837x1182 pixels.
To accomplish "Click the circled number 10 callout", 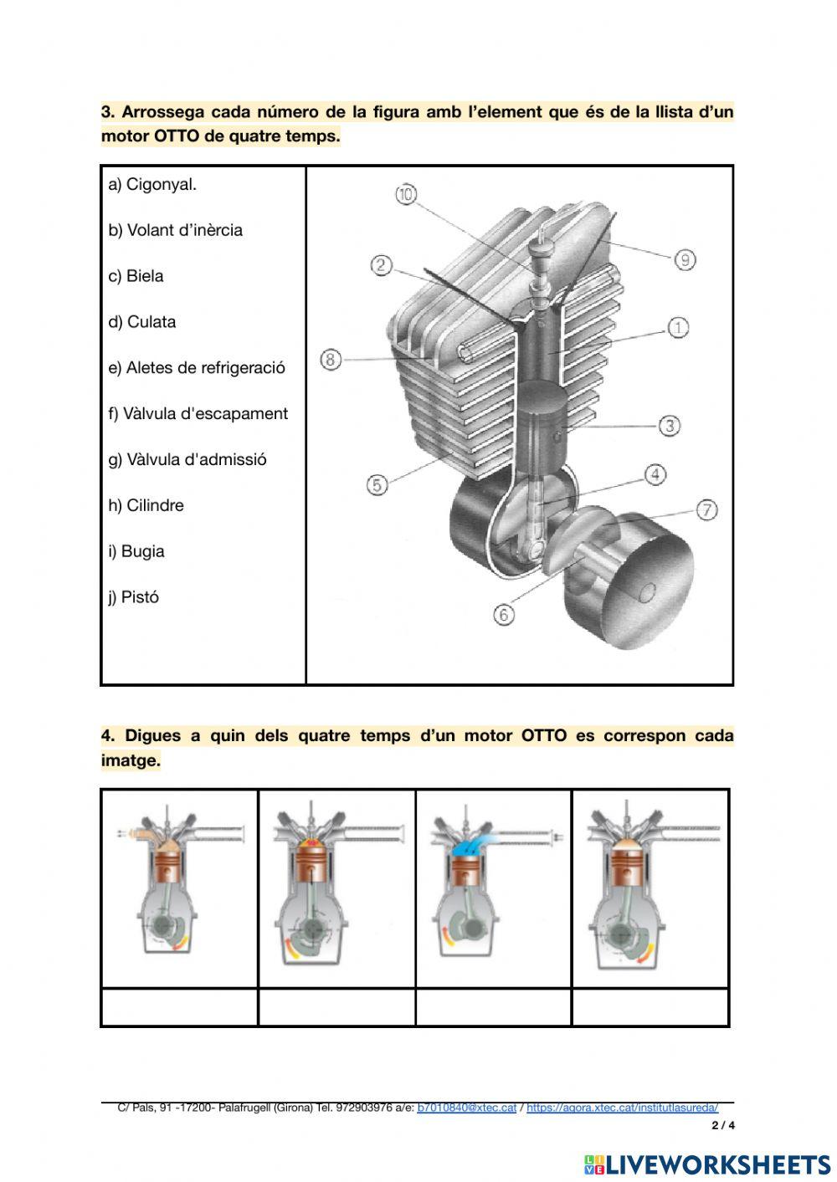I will tap(406, 194).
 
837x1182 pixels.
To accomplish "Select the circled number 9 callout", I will tap(685, 259).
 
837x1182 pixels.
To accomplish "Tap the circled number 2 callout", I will tap(382, 265).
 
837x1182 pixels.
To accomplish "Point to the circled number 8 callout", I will tap(331, 360).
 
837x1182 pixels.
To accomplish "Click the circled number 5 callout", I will tap(377, 484).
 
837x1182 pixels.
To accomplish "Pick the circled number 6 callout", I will tap(503, 615).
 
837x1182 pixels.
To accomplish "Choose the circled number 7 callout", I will tap(707, 509).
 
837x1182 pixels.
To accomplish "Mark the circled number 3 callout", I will tap(670, 426).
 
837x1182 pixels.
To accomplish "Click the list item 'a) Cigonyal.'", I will tap(152, 184).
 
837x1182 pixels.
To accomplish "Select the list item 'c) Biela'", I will tap(136, 276).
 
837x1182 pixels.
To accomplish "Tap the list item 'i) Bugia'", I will tap(136, 551).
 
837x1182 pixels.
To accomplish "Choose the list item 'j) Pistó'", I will tap(133, 597).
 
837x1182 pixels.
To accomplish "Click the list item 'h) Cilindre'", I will tap(146, 505).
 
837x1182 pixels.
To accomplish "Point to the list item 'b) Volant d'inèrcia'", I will tap(175, 230).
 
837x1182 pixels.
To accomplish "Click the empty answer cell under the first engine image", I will tap(179, 1007).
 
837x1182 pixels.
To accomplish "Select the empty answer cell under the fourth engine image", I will tap(650, 1007).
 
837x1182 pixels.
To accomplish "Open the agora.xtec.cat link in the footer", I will tap(622, 1107).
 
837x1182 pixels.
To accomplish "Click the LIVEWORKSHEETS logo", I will tap(707, 1164).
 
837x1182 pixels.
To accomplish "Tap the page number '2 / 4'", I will tap(722, 1125).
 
